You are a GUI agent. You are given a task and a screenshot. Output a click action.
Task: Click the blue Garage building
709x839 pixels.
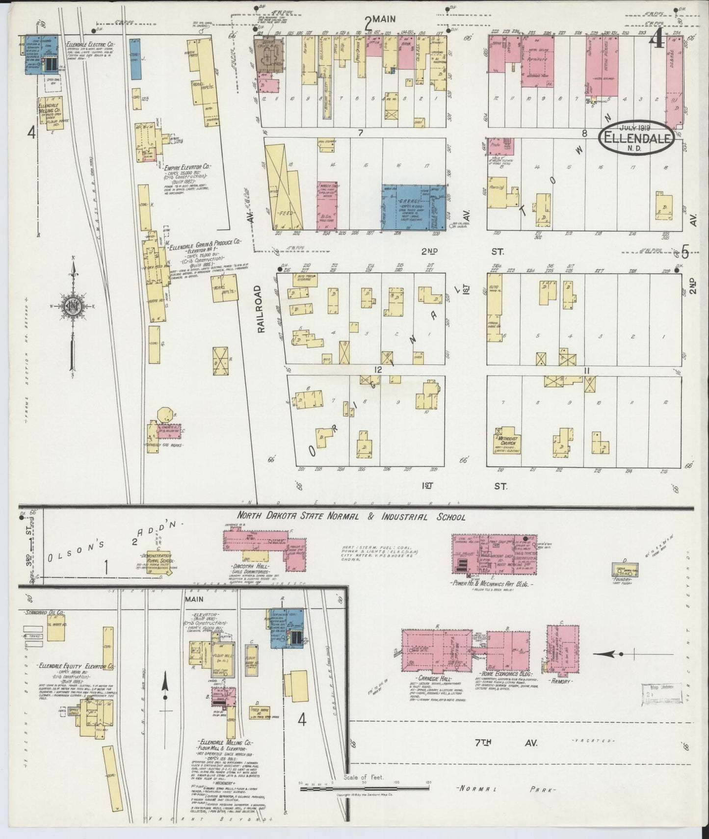pos(414,207)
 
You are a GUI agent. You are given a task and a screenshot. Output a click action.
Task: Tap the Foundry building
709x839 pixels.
pos(625,570)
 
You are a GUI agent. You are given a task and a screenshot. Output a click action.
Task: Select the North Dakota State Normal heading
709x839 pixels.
pos(351,517)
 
